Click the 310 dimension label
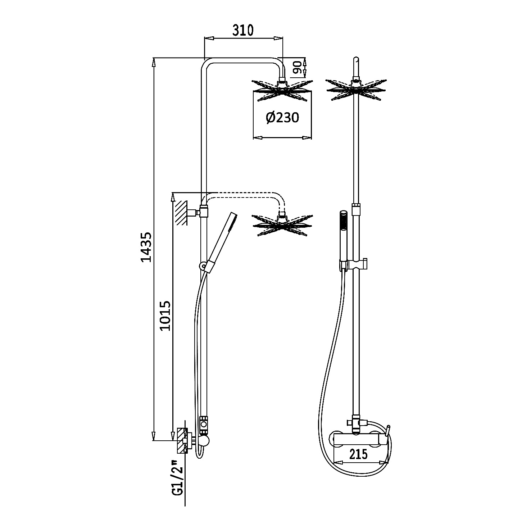click(x=243, y=30)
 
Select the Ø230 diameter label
click(x=283, y=117)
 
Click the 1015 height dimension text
click(x=164, y=316)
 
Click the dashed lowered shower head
click(x=282, y=225)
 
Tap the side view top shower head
click(x=282, y=89)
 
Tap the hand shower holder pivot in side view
click(x=203, y=266)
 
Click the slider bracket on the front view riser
click(x=356, y=264)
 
